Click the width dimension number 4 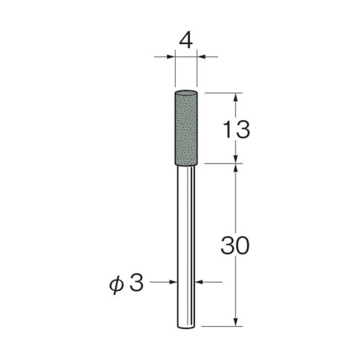point(186,40)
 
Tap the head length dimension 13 point(234,129)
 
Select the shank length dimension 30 point(235,246)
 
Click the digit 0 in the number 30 point(243,246)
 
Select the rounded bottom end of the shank point(185,326)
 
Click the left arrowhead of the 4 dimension point(171,57)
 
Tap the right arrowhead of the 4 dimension point(200,57)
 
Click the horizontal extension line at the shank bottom point(223,327)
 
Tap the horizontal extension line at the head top point(223,93)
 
